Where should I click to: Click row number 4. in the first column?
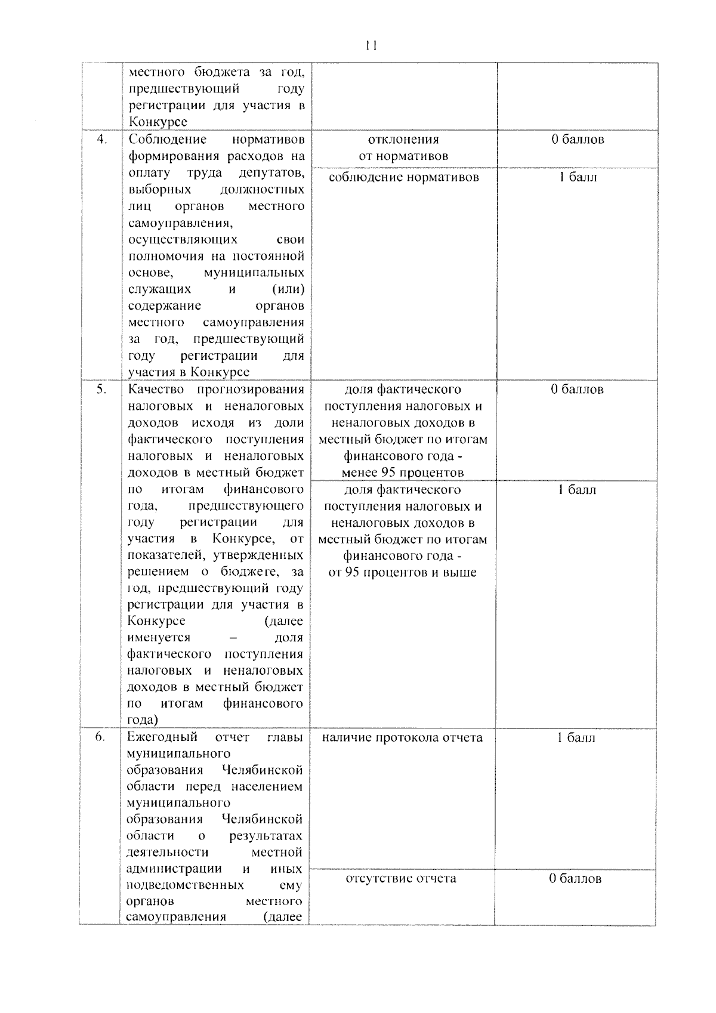102,139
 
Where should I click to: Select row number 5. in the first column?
102,389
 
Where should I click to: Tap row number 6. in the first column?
100,737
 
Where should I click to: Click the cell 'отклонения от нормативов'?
403,148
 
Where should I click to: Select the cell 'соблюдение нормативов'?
403,177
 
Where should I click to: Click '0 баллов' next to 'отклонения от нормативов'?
577,140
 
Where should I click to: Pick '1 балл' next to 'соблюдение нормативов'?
577,177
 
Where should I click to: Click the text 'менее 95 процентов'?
403,472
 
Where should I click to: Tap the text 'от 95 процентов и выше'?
403,573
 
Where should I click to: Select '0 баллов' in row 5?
577,390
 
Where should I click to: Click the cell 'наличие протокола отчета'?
402,737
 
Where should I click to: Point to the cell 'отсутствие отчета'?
401,878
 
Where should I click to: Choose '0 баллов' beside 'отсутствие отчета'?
575,878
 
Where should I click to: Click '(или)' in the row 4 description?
288,289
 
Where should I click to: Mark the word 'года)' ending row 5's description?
143,719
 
